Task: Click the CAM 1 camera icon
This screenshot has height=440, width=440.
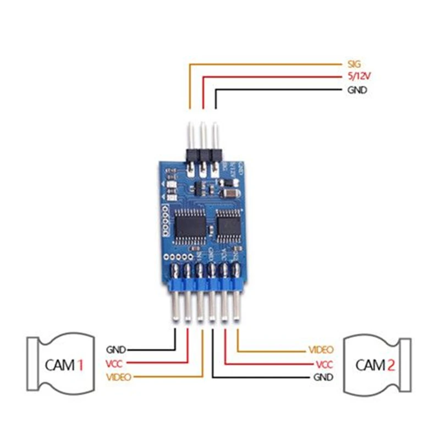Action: (x=61, y=364)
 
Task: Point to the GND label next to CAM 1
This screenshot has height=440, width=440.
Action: (x=116, y=350)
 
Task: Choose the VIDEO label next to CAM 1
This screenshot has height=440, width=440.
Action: (x=119, y=376)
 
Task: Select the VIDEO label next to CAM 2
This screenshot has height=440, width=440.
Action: (x=321, y=350)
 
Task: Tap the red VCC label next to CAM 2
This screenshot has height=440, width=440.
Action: (x=324, y=364)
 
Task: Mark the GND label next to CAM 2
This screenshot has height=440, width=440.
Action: (x=323, y=377)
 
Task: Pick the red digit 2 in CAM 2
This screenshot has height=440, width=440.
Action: (x=390, y=364)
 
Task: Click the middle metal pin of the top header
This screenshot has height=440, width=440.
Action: (x=203, y=135)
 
